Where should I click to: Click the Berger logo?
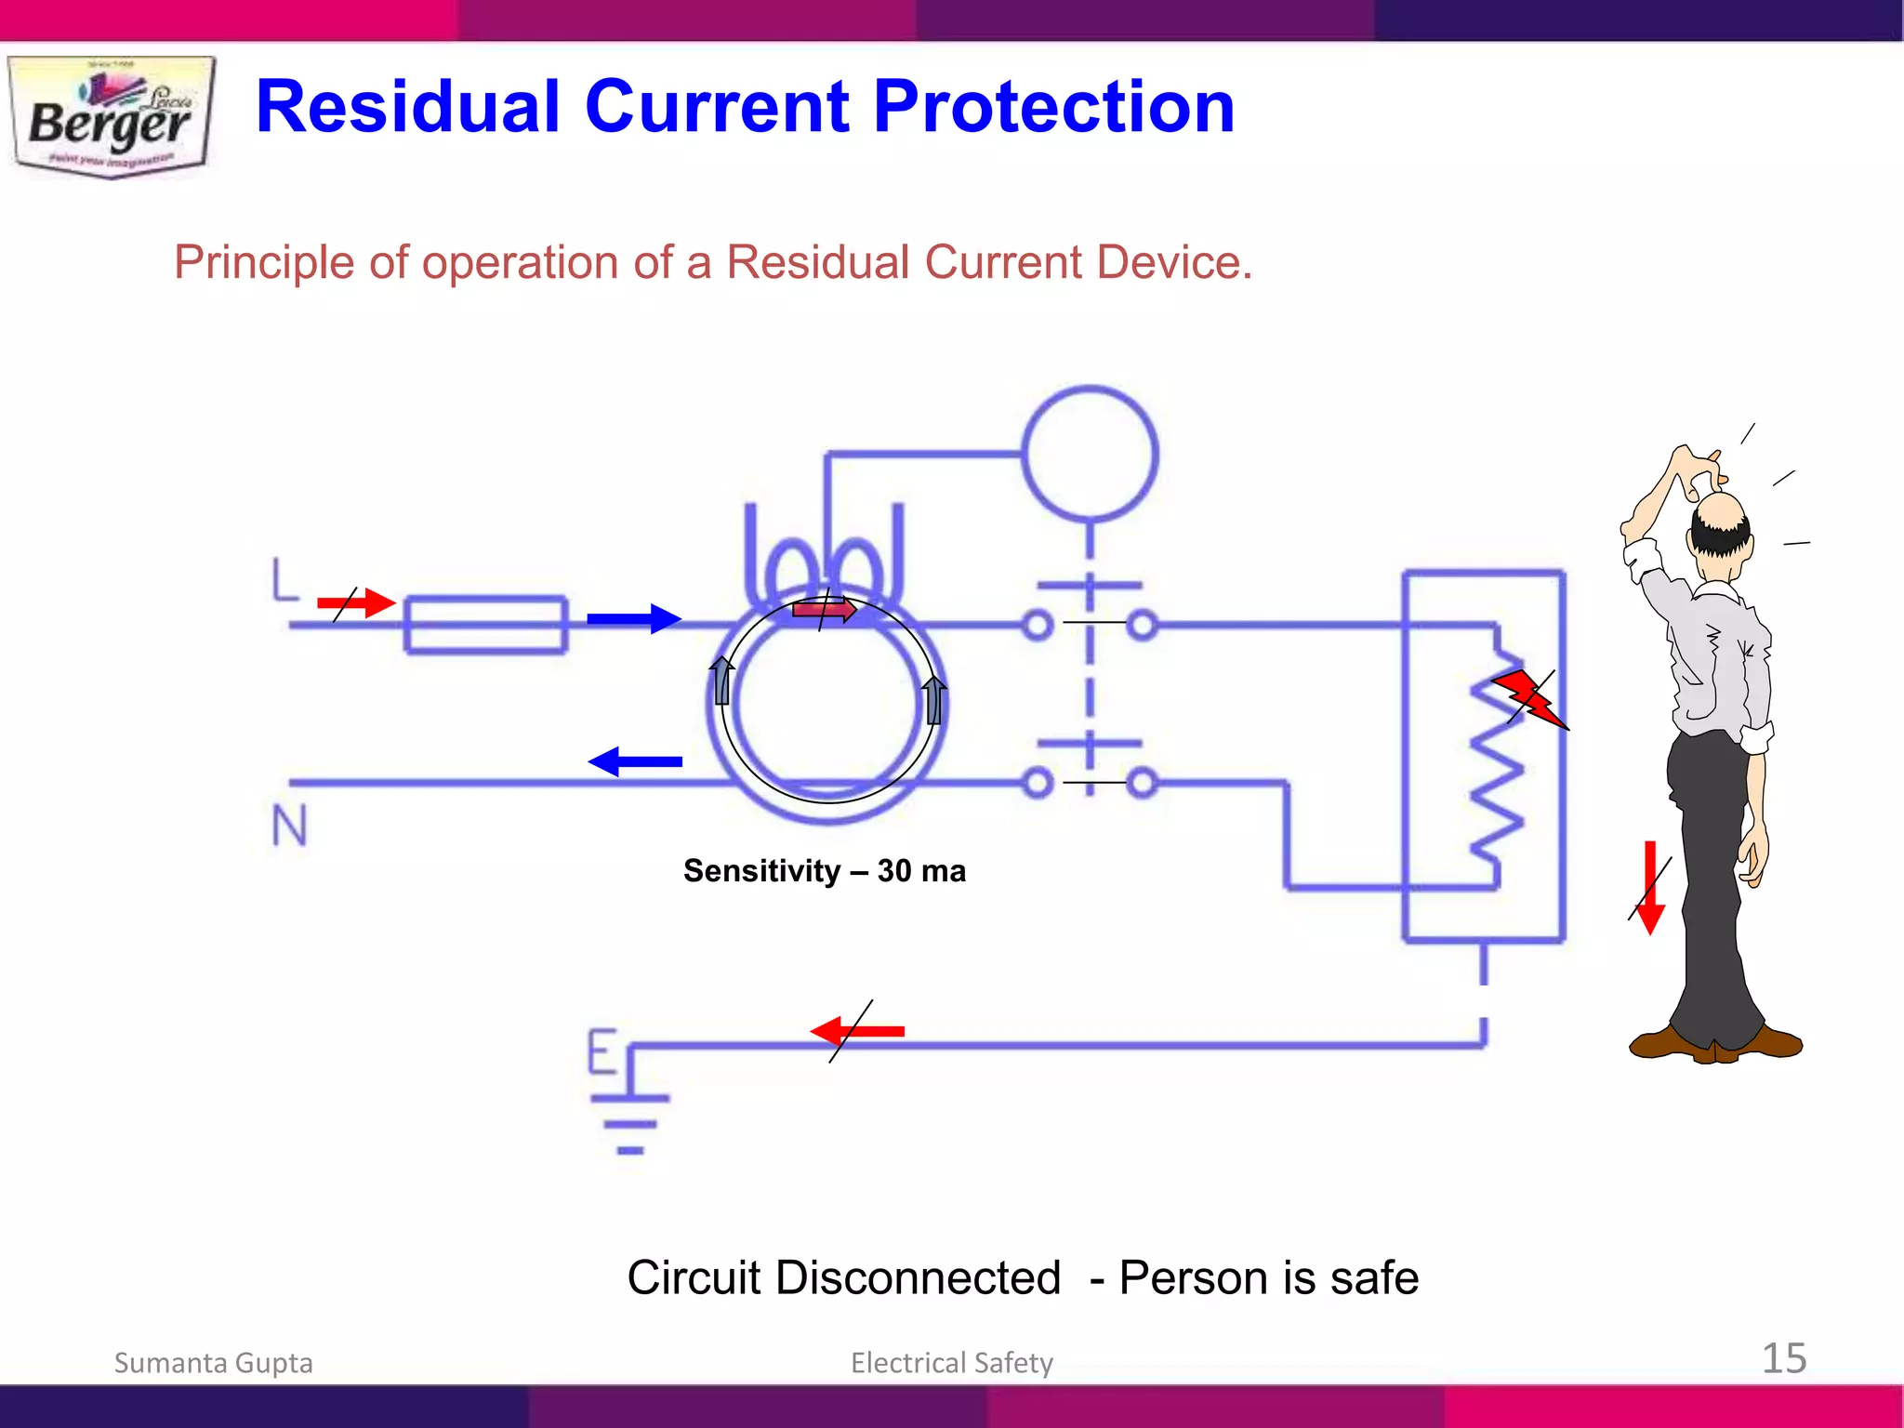click(112, 116)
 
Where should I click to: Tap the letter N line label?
click(289, 825)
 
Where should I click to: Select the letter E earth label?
click(602, 1051)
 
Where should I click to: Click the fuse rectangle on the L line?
click(485, 625)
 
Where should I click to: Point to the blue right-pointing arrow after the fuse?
click(634, 618)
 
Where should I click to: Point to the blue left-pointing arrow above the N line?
click(636, 761)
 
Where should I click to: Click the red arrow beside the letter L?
click(357, 603)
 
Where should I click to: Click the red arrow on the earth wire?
click(857, 1031)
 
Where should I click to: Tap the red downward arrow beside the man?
click(1650, 888)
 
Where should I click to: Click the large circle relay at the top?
click(1090, 454)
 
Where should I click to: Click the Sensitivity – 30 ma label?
click(825, 871)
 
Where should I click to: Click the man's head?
click(1720, 525)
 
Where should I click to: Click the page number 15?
click(1784, 1358)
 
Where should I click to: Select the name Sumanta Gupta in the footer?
click(213, 1363)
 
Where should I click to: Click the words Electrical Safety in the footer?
click(952, 1363)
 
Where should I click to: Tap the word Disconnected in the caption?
click(918, 1277)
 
